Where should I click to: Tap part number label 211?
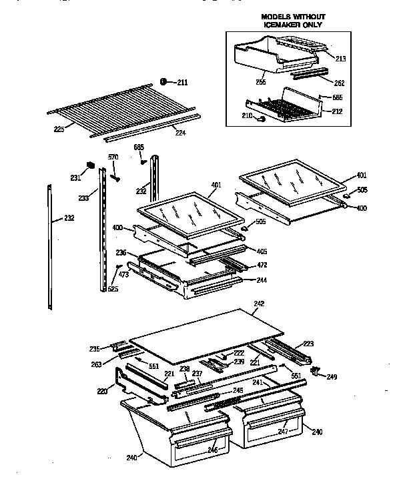pyautogui.click(x=182, y=83)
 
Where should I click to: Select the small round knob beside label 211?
pyautogui.click(x=164, y=82)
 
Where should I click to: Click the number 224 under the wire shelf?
pyautogui.click(x=180, y=132)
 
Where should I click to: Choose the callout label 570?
pyautogui.click(x=113, y=157)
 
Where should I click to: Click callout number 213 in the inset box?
pyautogui.click(x=341, y=59)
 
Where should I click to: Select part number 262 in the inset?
pyautogui.click(x=340, y=83)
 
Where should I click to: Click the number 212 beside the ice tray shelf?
pyautogui.click(x=338, y=111)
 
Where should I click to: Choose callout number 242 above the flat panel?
pyautogui.click(x=260, y=304)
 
